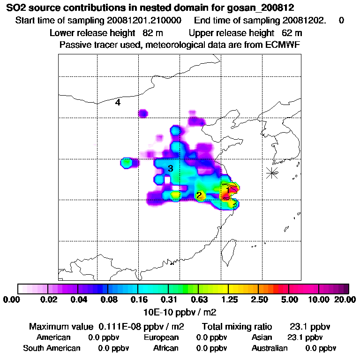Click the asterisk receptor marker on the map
(x=272, y=172)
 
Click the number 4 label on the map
(x=118, y=103)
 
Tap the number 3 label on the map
(x=171, y=168)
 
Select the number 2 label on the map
(x=199, y=195)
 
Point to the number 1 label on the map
(x=228, y=188)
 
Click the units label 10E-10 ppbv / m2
(x=180, y=311)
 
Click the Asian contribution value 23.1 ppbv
(x=305, y=337)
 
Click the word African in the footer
(x=166, y=348)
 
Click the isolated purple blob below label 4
(x=143, y=113)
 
